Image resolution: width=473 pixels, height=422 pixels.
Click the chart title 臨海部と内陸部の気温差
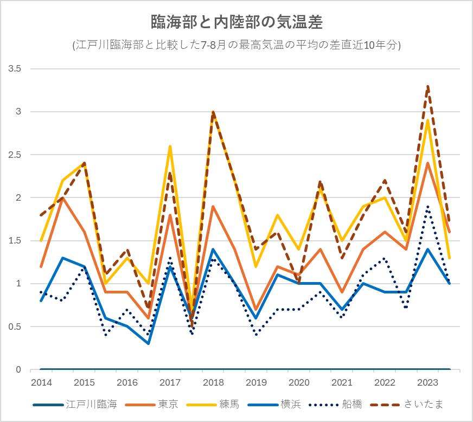pos(237,22)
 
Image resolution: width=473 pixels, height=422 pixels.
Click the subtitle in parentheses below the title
pos(237,45)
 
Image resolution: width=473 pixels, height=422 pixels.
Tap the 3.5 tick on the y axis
pos(15,69)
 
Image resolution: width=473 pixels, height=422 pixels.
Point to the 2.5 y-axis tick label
pos(15,155)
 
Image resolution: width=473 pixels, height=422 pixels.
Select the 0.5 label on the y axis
pos(15,327)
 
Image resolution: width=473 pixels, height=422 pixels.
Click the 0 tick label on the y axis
pos(18,369)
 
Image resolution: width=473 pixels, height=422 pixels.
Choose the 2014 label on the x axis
pos(41,382)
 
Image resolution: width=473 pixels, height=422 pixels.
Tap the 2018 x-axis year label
pos(213,382)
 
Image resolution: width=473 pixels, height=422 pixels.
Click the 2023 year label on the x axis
pos(428,382)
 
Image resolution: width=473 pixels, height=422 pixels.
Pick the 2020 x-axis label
pos(299,382)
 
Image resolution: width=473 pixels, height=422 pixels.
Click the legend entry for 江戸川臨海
pos(75,405)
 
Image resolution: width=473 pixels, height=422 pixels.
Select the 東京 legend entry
pos(151,405)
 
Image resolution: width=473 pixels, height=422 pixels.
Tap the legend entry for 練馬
pos(213,405)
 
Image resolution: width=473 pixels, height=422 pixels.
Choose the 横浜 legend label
pos(274,405)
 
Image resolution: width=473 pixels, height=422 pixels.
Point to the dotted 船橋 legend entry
pos(335,405)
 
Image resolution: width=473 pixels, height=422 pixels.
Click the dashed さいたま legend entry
pos(407,405)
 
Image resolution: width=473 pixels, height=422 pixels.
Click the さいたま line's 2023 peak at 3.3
pos(428,86)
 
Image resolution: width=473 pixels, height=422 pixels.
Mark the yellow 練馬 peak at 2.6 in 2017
pos(170,146)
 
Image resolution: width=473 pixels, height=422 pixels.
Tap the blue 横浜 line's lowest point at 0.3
pos(149,343)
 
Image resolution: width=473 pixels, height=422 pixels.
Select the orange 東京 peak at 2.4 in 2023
pos(428,163)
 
